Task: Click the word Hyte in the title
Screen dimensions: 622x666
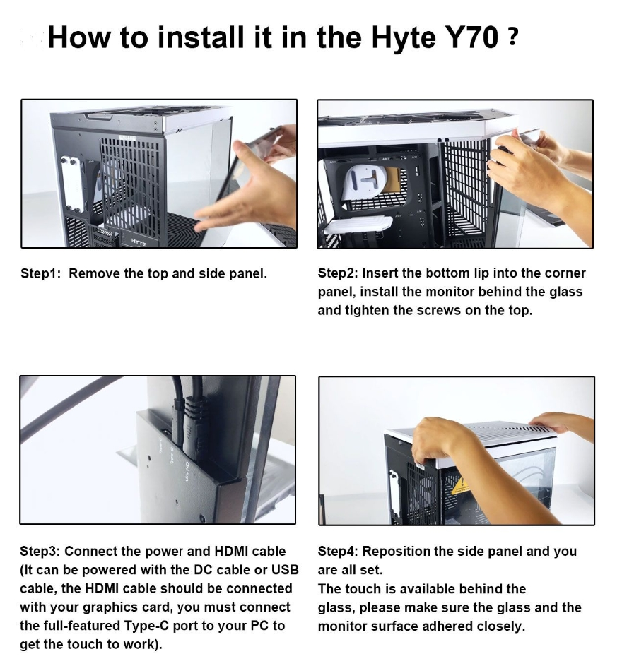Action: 403,38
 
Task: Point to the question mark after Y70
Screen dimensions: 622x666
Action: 512,37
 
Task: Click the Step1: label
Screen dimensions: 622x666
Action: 41,273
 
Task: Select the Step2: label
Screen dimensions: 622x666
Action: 338,273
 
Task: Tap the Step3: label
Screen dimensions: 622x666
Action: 40,552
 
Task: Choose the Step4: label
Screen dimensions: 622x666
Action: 338,552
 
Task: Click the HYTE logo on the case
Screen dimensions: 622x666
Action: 139,242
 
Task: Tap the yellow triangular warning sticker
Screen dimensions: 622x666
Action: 460,486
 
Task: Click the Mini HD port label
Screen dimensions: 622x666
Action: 186,472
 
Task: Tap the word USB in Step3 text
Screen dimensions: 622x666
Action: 285,570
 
